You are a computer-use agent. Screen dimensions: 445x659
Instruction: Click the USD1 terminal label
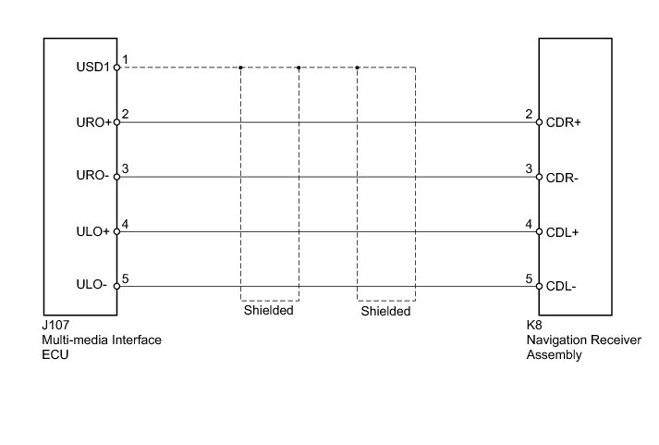[93, 68]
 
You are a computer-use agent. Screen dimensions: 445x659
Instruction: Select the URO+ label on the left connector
[93, 122]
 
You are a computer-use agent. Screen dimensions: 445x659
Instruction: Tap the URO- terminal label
[94, 177]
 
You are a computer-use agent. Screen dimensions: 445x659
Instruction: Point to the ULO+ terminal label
[94, 231]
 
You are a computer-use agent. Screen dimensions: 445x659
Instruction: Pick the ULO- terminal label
[95, 286]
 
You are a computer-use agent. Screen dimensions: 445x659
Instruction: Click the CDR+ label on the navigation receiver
[563, 122]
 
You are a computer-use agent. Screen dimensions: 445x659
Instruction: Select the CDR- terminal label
[562, 177]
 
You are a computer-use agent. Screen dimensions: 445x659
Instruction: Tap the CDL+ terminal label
[562, 231]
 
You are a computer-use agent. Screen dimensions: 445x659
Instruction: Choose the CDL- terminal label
[561, 286]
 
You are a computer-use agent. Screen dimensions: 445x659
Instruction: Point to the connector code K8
[534, 327]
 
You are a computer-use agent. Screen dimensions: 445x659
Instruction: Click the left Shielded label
[269, 311]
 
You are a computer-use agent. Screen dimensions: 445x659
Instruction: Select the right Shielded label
[385, 311]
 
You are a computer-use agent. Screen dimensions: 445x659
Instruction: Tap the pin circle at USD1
[116, 68]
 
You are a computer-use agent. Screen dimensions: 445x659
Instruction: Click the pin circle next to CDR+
[539, 122]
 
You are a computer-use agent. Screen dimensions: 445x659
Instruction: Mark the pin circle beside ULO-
[116, 286]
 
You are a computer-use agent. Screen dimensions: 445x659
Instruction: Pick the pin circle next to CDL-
[539, 286]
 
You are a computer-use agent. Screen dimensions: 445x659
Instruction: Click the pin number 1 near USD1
[125, 60]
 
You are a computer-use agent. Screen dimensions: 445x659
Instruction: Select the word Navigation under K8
[555, 340]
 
